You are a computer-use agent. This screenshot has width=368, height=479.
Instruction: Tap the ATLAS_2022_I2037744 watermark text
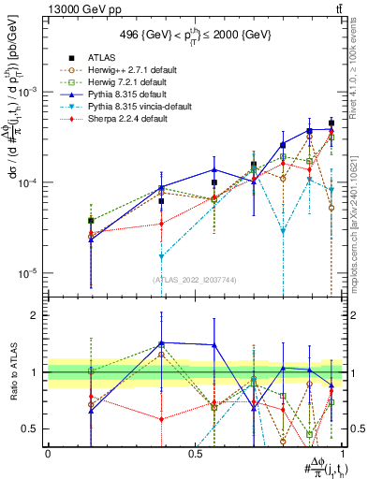pyautogui.click(x=195, y=280)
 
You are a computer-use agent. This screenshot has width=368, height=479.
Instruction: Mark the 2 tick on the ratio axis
pyautogui.click(x=38, y=316)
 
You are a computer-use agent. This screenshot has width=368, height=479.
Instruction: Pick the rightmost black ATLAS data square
pyautogui.click(x=331, y=123)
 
